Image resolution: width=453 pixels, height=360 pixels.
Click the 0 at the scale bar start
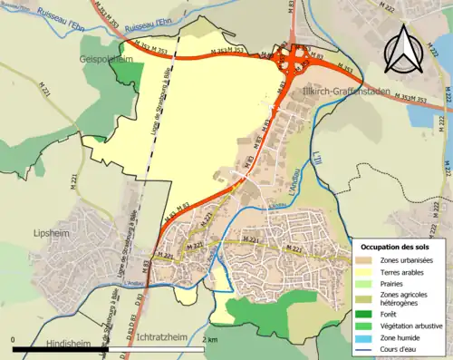point(14,340)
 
